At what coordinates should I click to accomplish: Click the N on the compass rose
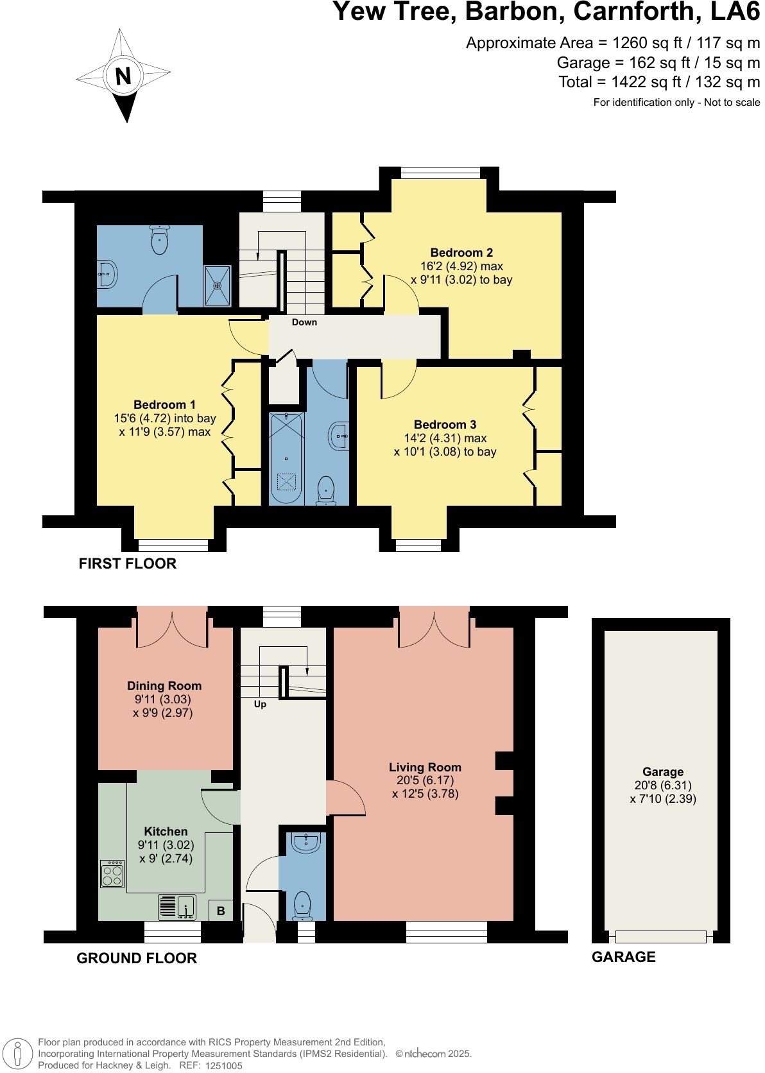(123, 76)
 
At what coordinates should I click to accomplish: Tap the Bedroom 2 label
(461, 253)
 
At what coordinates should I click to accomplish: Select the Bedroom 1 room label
(164, 405)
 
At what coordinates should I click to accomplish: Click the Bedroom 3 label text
(445, 425)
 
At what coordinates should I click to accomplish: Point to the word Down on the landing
(304, 322)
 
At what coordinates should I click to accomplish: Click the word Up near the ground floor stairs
(260, 704)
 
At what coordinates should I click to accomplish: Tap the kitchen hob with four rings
(112, 873)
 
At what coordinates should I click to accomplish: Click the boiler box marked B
(221, 911)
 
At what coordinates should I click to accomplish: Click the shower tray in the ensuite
(217, 286)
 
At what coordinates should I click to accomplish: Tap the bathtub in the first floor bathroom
(286, 458)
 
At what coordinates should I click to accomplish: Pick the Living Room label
(425, 768)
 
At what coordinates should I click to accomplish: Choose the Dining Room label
(164, 686)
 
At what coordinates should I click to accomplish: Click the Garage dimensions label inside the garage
(663, 792)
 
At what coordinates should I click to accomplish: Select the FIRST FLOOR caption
(127, 563)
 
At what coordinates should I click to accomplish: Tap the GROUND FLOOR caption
(137, 958)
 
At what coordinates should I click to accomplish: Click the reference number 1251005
(223, 1066)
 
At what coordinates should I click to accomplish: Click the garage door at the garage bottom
(660, 937)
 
